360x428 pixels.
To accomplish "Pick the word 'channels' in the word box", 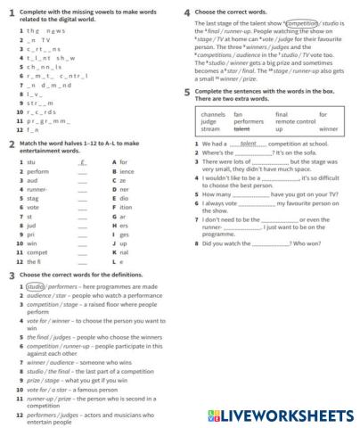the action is [214, 114].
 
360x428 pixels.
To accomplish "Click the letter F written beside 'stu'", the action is [82, 162].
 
